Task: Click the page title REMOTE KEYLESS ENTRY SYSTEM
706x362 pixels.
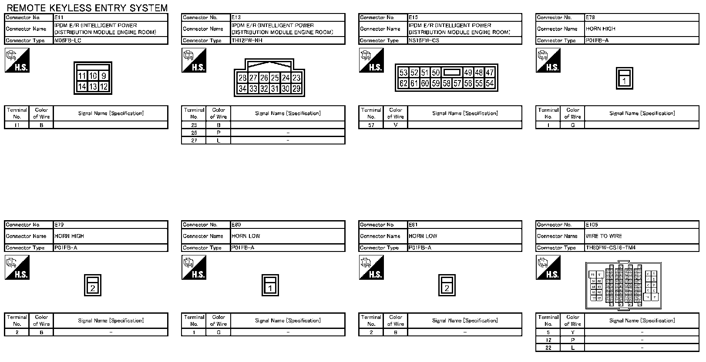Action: pos(87,8)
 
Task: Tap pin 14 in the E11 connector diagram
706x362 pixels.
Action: pos(82,87)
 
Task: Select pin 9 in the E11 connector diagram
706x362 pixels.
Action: pos(104,76)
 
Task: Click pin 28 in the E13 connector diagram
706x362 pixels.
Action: pos(242,78)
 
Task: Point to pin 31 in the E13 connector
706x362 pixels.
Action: pos(275,89)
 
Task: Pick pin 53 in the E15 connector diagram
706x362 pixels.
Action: pos(403,73)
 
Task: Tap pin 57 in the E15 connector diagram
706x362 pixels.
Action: pos(457,83)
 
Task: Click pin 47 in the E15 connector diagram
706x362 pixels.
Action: pos(490,73)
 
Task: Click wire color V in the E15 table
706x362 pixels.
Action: pos(396,125)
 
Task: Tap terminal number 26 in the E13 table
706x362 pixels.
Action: pos(194,133)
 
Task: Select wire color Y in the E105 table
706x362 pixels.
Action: pos(573,332)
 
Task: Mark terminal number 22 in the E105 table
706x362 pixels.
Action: pos(548,348)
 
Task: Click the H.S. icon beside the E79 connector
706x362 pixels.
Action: pos(17,267)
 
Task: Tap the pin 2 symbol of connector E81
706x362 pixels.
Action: pos(447,288)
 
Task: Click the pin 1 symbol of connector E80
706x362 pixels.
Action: pos(270,288)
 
